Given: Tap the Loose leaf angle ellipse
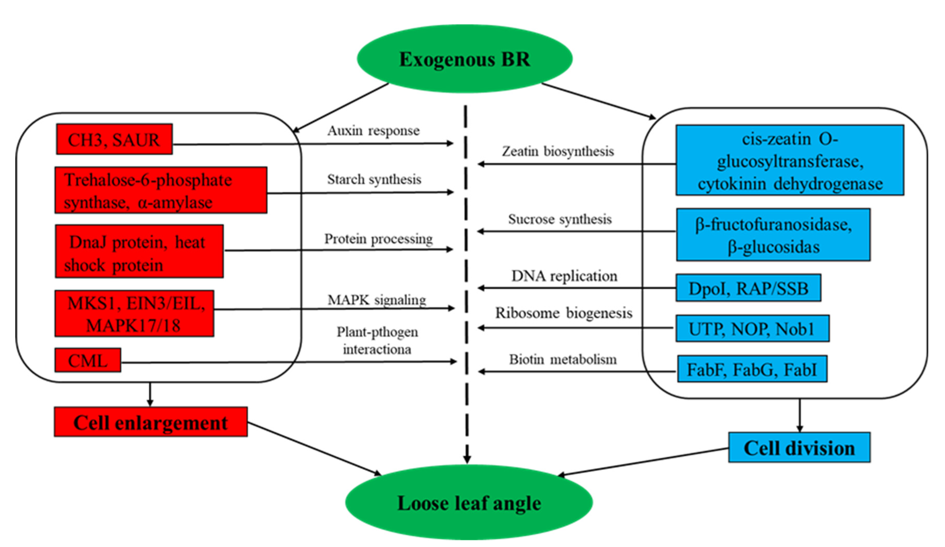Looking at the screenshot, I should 469,503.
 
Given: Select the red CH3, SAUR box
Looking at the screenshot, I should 114,139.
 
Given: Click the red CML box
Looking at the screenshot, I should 88,360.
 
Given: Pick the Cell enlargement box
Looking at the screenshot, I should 150,422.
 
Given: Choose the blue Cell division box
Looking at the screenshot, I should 799,448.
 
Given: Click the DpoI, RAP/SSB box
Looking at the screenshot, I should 748,288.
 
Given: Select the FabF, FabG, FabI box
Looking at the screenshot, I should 752,370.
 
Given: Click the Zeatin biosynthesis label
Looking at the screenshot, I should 558,151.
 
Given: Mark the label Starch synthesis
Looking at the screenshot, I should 374,179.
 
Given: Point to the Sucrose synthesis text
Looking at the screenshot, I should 559,219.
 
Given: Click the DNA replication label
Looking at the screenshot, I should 564,276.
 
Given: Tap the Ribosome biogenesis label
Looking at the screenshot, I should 563,313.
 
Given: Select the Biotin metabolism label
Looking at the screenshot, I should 562,359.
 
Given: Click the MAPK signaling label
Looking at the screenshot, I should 377,300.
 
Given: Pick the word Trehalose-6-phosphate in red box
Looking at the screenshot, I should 148,180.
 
